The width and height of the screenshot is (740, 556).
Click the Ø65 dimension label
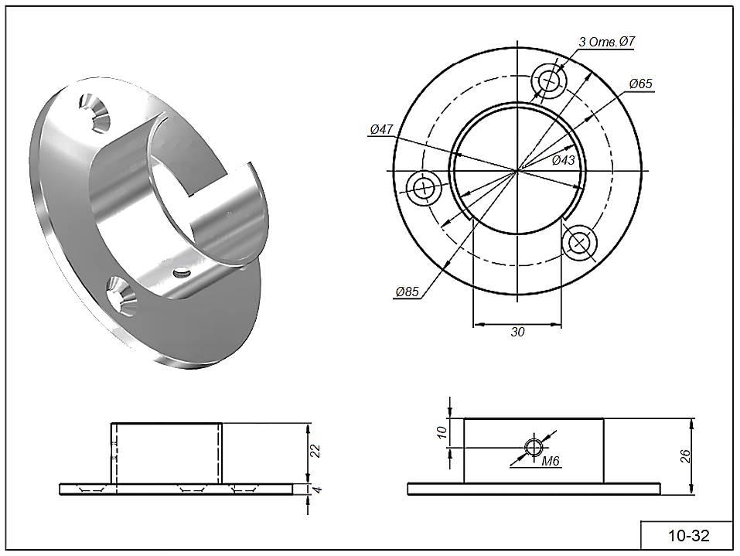point(641,84)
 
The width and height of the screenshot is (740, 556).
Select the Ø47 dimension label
point(383,130)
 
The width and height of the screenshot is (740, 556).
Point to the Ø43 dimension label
point(563,160)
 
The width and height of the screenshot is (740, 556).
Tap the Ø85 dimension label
point(407,292)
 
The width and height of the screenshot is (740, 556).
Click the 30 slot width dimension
point(517,332)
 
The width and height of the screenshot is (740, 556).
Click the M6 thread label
point(551,462)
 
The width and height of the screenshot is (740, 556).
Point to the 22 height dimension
point(315,452)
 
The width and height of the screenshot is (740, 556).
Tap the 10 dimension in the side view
point(442,432)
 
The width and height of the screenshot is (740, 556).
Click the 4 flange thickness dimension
point(315,489)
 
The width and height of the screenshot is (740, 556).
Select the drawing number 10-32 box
point(687,535)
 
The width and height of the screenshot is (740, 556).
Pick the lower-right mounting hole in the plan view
point(579,242)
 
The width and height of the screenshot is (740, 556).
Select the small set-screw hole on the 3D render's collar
point(182,272)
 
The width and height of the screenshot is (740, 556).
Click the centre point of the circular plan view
point(517,169)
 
